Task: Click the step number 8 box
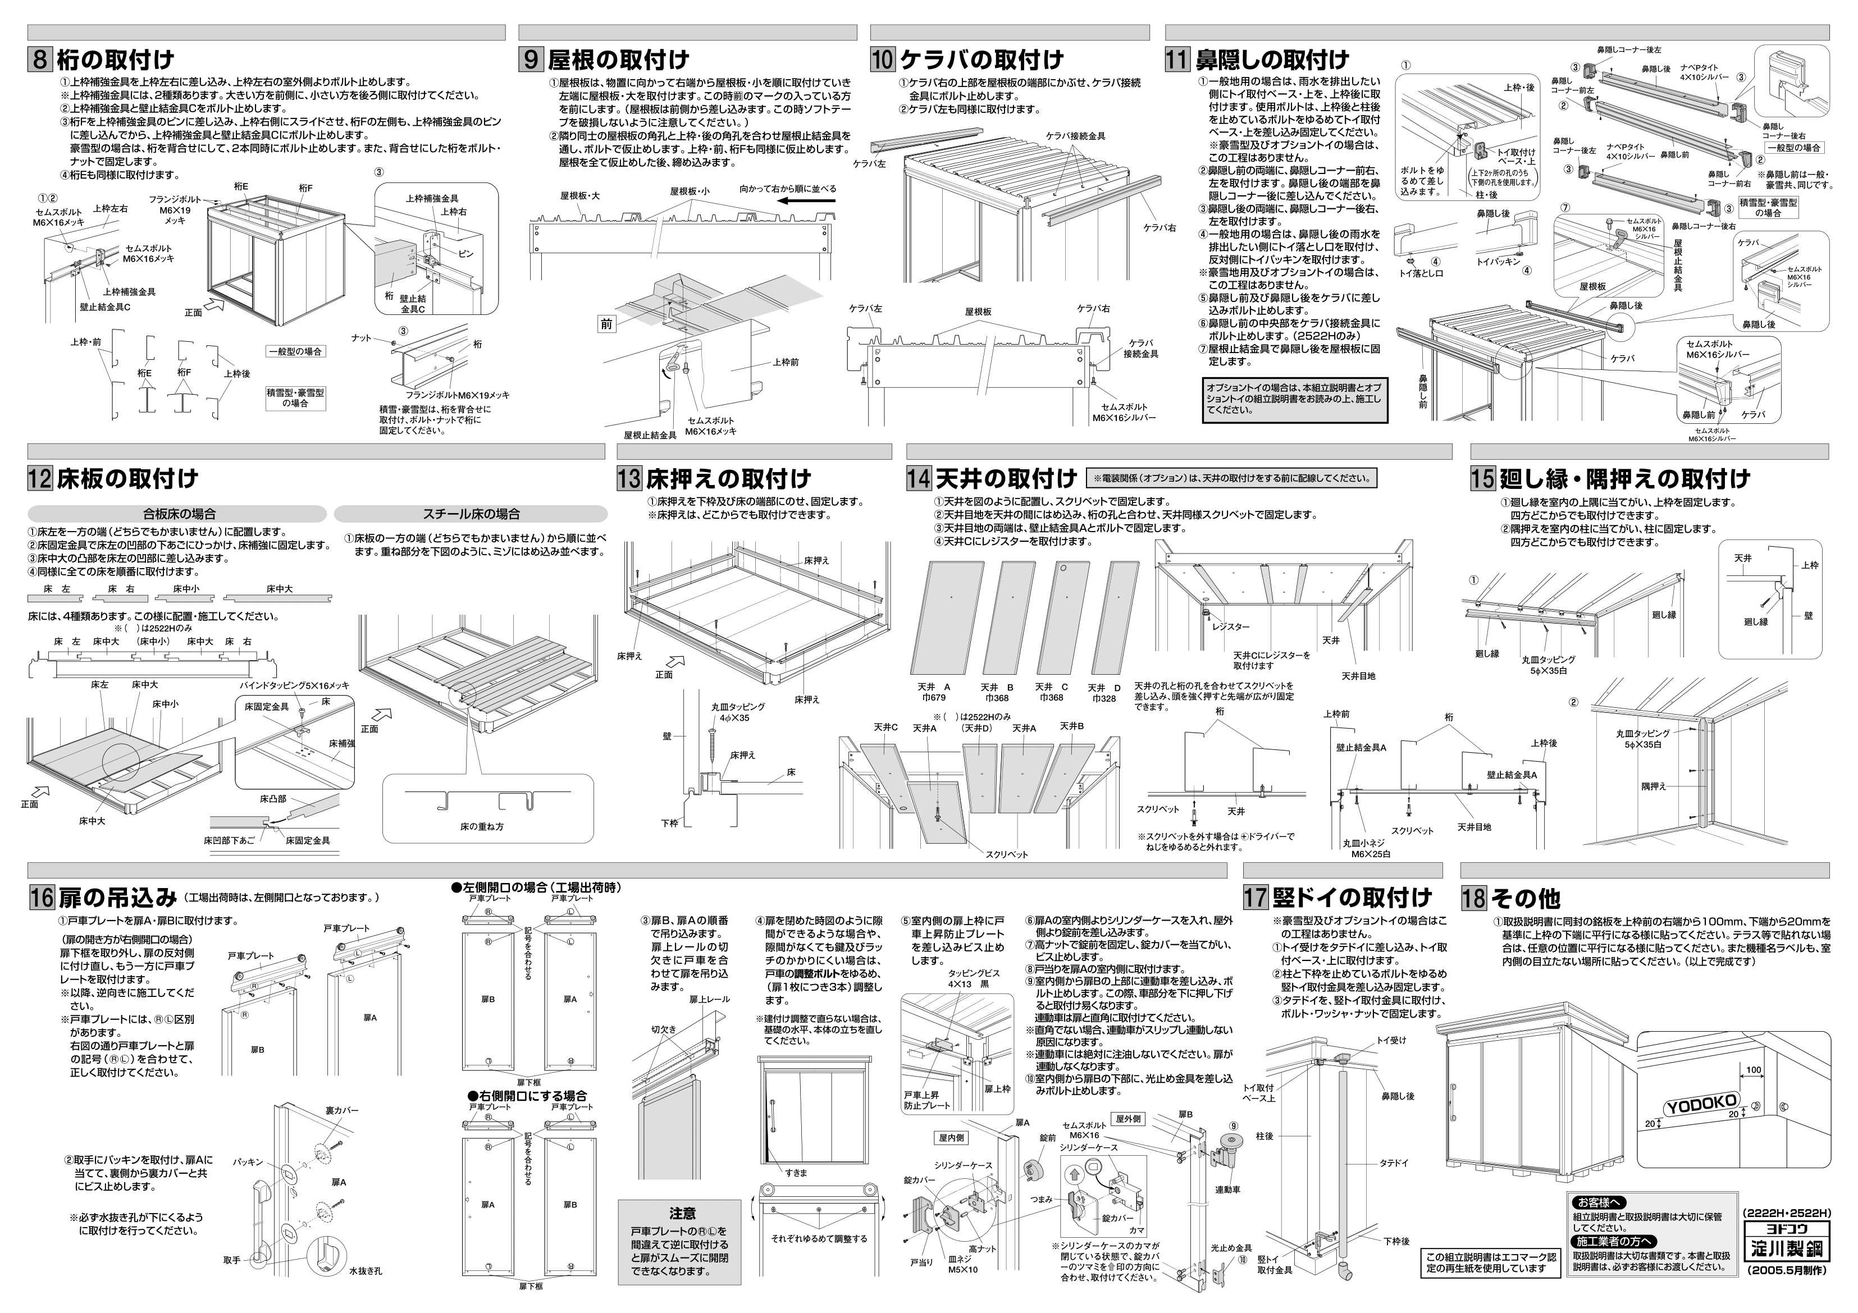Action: [42, 60]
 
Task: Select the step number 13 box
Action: [629, 478]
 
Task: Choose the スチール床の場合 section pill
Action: [471, 514]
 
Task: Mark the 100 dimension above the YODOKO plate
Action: [1753, 1070]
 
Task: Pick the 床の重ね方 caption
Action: [482, 827]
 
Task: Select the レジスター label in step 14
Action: [1231, 627]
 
